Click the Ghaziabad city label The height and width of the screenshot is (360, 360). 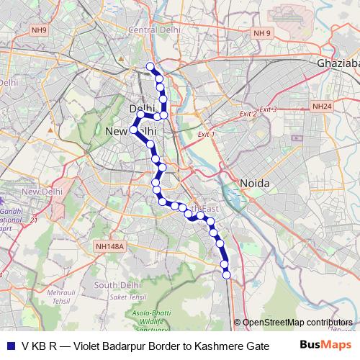pyautogui.click(x=338, y=63)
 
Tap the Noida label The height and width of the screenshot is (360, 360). pyautogui.click(x=254, y=184)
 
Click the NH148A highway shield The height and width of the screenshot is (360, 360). pyautogui.click(x=109, y=246)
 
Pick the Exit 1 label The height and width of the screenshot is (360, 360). pyautogui.click(x=206, y=134)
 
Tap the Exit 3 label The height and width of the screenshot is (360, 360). pyautogui.click(x=269, y=109)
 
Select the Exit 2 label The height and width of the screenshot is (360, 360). pyautogui.click(x=248, y=114)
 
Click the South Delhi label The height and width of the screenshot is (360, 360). pyautogui.click(x=117, y=286)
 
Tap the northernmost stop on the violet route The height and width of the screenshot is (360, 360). pyautogui.click(x=150, y=67)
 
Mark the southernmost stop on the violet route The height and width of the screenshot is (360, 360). pyautogui.click(x=226, y=274)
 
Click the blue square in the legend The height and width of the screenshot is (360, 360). pyautogui.click(x=10, y=346)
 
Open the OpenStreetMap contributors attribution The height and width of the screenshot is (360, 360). pyautogui.click(x=297, y=323)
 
